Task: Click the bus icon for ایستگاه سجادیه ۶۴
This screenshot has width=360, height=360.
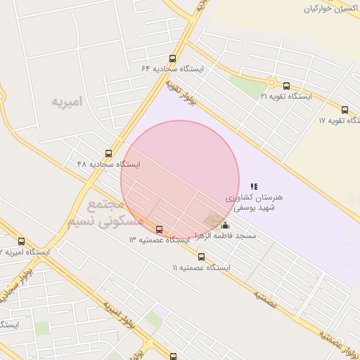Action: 173,59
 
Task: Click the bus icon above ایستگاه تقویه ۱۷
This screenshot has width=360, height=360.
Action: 345,110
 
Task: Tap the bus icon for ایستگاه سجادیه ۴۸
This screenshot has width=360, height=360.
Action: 108,153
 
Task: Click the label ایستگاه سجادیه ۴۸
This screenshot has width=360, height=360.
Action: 108,164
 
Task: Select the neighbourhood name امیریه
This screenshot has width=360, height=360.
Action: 67,101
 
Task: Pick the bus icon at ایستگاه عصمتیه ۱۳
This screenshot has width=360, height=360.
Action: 159,229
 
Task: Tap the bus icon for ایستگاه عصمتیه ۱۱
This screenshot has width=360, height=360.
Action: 201,257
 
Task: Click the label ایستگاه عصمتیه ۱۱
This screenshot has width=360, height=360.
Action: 201,267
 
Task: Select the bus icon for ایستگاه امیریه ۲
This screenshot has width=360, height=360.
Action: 21,241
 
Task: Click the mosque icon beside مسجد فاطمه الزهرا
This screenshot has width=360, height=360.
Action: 224,225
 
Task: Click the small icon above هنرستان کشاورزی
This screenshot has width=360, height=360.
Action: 254,186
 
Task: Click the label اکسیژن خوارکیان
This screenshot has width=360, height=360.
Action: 331,9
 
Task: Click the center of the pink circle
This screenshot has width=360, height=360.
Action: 180,180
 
